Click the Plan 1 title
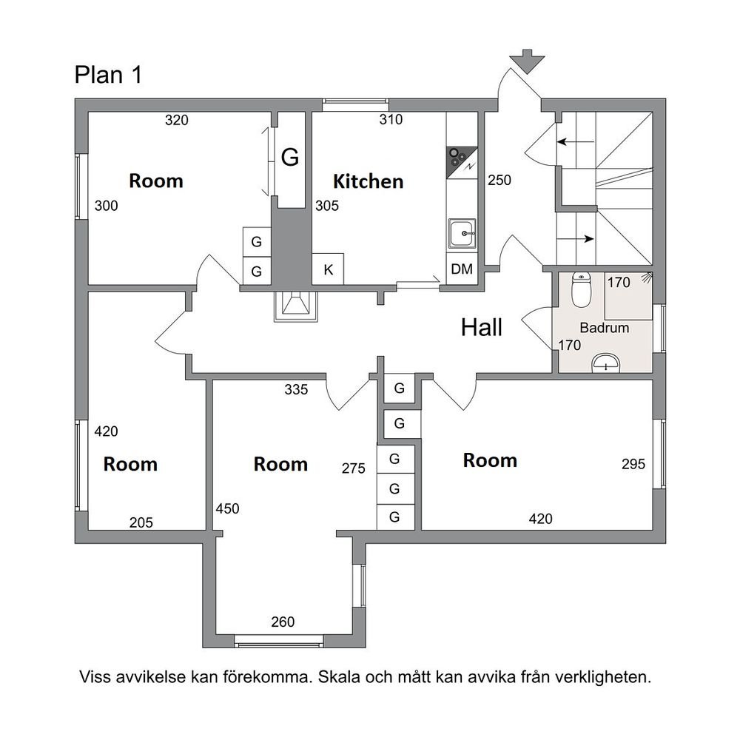[108, 75]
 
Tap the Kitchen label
[368, 182]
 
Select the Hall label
[482, 328]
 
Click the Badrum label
[604, 328]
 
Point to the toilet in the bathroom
[581, 290]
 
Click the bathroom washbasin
[605, 363]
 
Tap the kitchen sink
[462, 233]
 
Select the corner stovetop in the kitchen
[462, 163]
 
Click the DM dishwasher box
[462, 269]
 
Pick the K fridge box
[328, 269]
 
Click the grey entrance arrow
[527, 61]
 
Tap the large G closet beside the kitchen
[291, 160]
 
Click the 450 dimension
[227, 509]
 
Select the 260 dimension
[283, 622]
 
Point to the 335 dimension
[296, 389]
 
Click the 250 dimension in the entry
[499, 180]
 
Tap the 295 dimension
[633, 464]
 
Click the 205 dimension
[141, 522]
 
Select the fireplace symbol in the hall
[296, 306]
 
